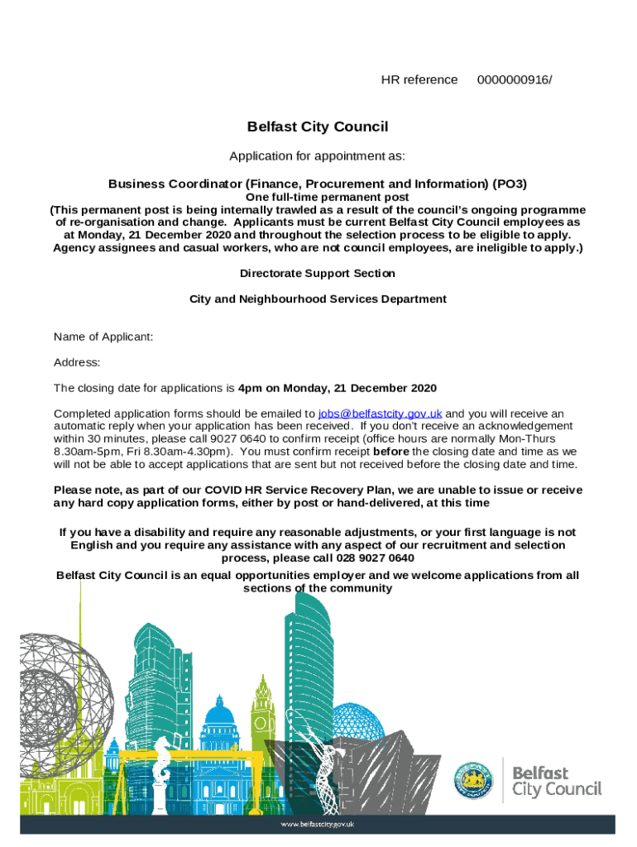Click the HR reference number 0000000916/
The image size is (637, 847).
coord(515,79)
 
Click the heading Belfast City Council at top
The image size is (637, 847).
coord(318,127)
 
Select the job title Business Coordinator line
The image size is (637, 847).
coord(318,184)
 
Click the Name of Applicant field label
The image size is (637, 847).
coord(103,337)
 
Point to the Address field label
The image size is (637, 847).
coord(77,362)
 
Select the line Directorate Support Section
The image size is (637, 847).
coord(318,273)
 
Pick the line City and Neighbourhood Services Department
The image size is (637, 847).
coord(318,299)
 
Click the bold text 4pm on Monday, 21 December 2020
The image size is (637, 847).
coord(337,388)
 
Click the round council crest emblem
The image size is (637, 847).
coord(474,780)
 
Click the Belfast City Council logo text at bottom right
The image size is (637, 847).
coord(556,781)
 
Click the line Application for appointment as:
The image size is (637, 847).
coord(318,156)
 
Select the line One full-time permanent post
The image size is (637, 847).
coord(318,198)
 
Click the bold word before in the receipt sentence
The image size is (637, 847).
coord(391,452)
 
